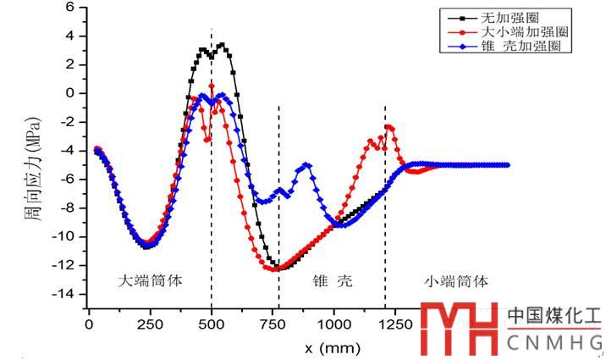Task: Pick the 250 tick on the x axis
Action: tap(150, 323)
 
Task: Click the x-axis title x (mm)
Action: tap(333, 347)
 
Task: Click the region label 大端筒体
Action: tap(149, 279)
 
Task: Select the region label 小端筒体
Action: tap(456, 279)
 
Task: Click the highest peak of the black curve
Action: tap(222, 45)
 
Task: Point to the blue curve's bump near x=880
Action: tap(306, 165)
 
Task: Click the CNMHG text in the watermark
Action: tap(554, 342)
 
